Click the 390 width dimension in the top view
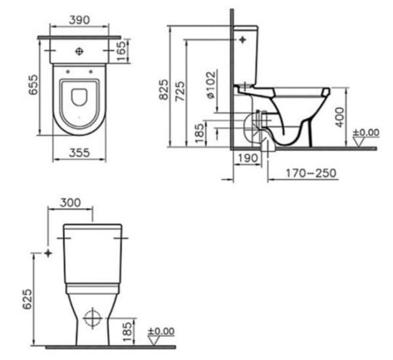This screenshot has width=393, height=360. pos(79,20)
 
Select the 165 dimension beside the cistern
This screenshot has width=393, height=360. pos(121,51)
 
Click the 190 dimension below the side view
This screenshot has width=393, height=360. pos(246,158)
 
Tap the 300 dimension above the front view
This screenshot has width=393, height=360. pos(71,202)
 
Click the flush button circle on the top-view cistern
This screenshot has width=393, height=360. pos(79,50)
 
